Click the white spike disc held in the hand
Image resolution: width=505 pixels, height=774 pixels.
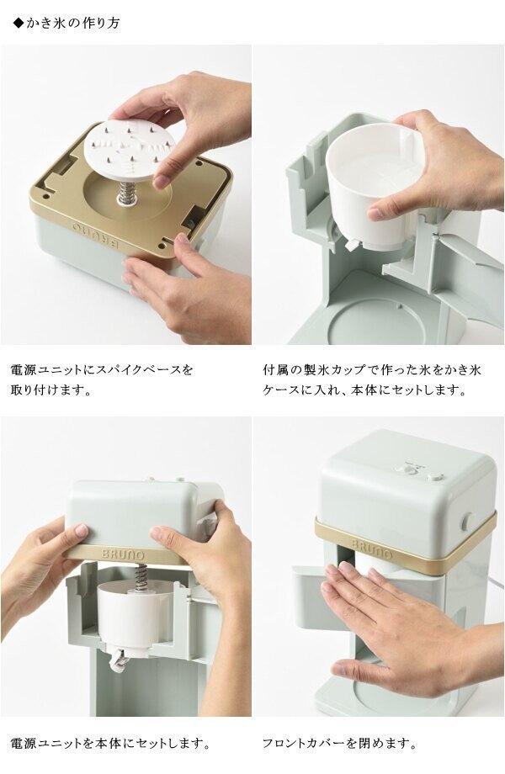(x=130, y=147)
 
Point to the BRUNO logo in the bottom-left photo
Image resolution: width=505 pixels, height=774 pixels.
(x=123, y=553)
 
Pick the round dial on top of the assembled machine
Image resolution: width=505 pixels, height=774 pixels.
(x=410, y=469)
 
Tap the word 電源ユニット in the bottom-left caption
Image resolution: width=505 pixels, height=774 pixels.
(x=41, y=743)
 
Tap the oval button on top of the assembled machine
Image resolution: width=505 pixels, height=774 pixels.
(x=434, y=476)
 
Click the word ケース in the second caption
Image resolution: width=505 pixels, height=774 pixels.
(x=279, y=390)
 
